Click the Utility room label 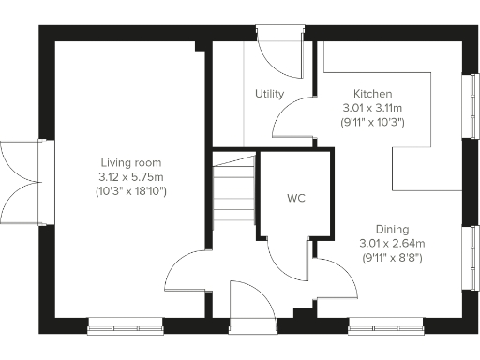point(269,94)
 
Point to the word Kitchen point(372,94)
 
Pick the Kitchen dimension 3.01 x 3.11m point(372,108)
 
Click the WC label point(296,199)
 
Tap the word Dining point(392,229)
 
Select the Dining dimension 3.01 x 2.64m point(392,243)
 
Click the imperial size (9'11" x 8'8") point(392,257)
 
